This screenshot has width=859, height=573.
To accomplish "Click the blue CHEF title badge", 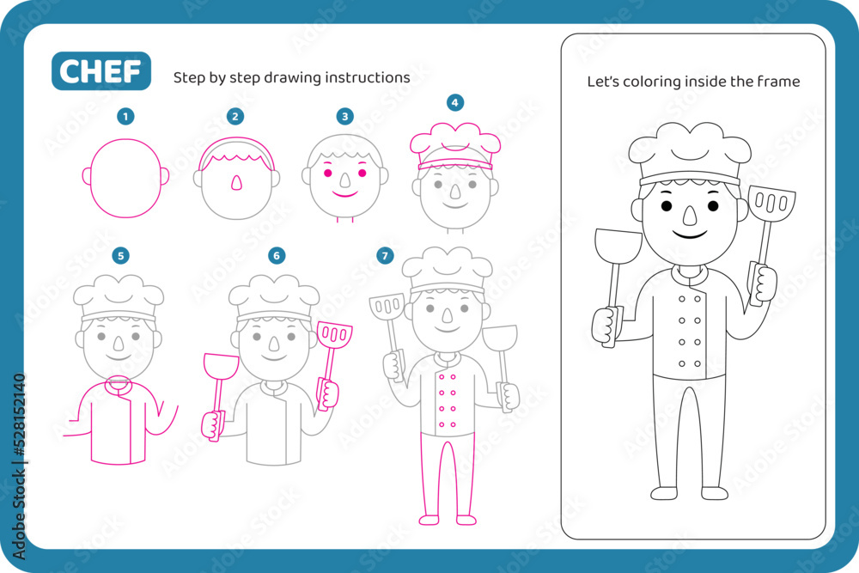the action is click(101, 70).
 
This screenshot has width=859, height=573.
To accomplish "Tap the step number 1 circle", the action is click(125, 116).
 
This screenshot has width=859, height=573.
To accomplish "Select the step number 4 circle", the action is click(454, 102).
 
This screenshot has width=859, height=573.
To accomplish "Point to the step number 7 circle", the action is click(385, 255).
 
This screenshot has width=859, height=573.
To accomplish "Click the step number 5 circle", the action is click(120, 255).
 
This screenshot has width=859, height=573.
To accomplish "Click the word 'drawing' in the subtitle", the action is click(291, 78).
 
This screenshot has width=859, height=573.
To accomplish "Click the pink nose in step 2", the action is click(236, 183).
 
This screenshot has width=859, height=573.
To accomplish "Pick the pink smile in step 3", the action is click(345, 193).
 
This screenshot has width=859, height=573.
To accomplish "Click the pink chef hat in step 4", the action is click(455, 144).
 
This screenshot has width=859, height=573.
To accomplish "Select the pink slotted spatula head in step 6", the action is click(335, 333).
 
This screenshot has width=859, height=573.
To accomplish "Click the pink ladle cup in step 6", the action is click(222, 366).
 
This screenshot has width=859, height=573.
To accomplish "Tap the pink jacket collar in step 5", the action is click(119, 387).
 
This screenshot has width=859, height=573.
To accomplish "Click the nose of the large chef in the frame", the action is click(690, 216).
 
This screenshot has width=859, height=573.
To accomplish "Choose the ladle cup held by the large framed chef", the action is click(618, 246).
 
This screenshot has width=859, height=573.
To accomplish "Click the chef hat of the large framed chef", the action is click(690, 153).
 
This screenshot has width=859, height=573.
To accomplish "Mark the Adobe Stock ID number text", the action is click(20, 415).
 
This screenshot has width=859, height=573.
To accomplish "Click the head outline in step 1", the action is click(125, 178).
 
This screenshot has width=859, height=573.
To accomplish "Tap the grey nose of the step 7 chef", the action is click(447, 315).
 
